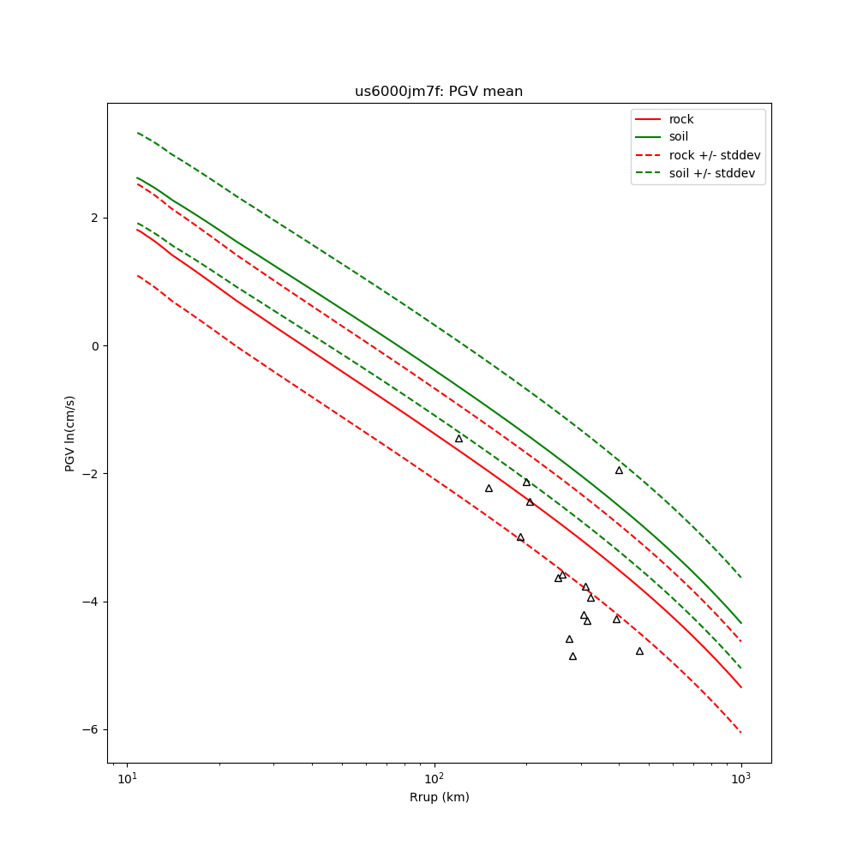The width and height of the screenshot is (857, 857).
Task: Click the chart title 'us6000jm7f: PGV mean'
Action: [x=439, y=92]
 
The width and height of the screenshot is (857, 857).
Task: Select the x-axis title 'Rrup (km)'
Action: [x=439, y=797]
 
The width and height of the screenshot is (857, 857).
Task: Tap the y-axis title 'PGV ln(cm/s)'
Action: [x=70, y=433]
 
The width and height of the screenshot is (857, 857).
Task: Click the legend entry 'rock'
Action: [x=681, y=119]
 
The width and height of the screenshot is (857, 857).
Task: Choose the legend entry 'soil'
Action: [x=678, y=137]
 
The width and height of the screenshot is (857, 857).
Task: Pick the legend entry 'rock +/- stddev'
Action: [x=714, y=155]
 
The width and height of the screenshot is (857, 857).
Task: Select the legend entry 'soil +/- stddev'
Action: [x=714, y=173]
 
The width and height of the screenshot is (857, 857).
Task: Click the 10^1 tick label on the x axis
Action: [x=127, y=776]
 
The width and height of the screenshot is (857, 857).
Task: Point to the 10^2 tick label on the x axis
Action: [x=434, y=776]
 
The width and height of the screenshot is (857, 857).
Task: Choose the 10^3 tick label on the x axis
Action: [x=740, y=776]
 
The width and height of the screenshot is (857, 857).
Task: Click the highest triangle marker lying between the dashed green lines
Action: [x=619, y=470]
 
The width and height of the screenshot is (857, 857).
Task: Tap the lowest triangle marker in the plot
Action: [x=572, y=656]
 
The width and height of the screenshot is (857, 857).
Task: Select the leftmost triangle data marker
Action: [x=458, y=439]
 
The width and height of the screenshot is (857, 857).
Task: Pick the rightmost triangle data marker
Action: [x=639, y=651]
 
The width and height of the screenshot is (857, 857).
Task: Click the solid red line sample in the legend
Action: [x=649, y=119]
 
